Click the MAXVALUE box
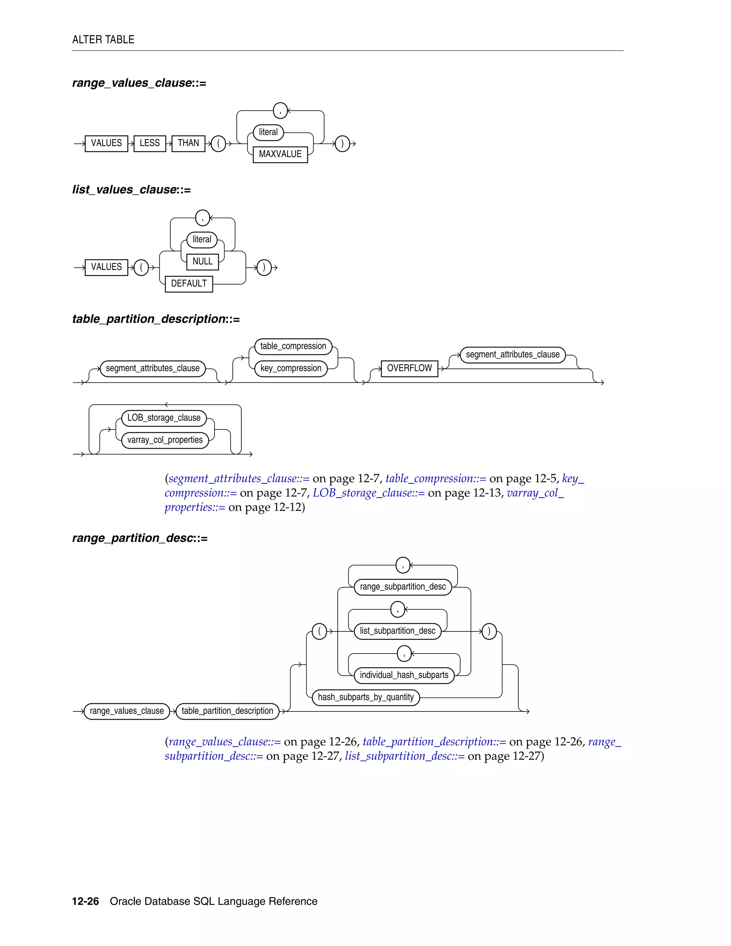(x=280, y=154)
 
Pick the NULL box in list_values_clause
(x=202, y=261)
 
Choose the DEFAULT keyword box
(x=189, y=283)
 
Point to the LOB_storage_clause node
(x=164, y=418)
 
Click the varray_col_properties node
(x=165, y=440)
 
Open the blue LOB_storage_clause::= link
(x=368, y=493)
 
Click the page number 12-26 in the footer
(x=85, y=901)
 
